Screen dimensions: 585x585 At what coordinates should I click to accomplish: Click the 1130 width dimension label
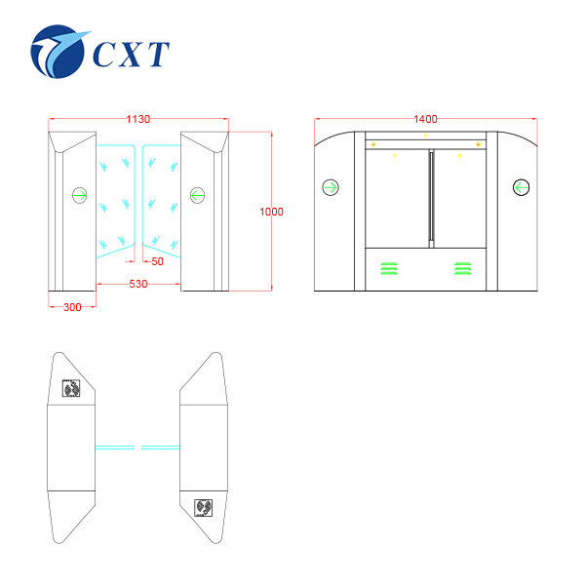138,119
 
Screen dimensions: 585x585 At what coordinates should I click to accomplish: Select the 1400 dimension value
425,119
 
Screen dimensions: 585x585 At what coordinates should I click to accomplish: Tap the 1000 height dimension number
271,212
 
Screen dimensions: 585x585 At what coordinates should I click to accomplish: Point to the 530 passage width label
138,284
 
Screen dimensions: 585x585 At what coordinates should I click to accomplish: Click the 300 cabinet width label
72,307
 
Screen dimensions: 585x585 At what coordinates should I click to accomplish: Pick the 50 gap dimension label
157,261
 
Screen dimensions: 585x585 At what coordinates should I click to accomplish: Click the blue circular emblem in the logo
58,52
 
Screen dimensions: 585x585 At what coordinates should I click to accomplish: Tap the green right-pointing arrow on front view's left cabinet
80,195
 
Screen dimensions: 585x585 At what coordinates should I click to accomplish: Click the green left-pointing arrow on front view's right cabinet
197,195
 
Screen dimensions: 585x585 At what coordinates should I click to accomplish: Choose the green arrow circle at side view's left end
331,187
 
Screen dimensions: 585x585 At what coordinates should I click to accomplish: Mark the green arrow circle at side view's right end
522,187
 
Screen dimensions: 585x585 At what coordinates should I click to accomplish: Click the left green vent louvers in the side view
389,268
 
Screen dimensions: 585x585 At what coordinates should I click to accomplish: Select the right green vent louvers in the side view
462,268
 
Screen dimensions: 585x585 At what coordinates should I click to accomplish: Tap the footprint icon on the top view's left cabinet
71,388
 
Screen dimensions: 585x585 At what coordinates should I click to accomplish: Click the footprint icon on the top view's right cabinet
204,508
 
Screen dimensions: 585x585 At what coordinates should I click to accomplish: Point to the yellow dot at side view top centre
426,136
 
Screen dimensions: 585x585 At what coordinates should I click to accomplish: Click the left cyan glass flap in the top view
114,448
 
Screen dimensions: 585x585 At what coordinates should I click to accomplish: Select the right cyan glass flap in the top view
161,448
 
